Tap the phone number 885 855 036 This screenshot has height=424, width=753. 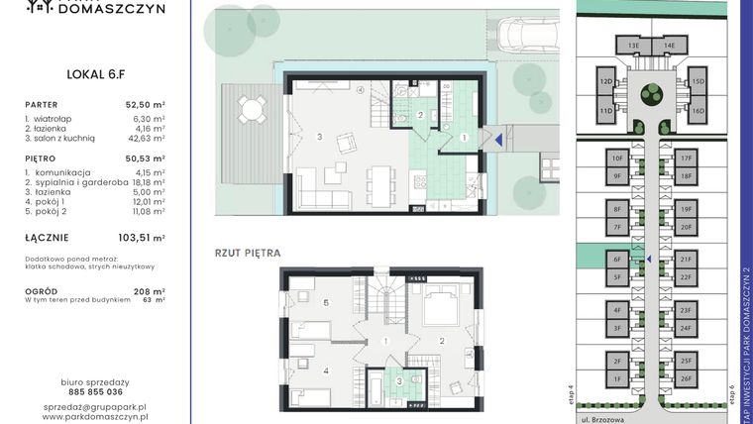95,391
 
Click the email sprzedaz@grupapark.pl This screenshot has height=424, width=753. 95,406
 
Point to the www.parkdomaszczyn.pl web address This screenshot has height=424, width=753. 95,418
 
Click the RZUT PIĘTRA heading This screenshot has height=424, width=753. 248,253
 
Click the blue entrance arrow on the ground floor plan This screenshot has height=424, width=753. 498,141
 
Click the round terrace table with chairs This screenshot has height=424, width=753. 252,107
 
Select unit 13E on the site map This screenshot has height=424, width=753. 633,46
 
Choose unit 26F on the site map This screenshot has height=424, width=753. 686,378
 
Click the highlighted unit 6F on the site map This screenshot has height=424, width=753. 616,260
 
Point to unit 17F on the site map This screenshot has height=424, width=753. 686,158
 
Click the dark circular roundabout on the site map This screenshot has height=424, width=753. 651,94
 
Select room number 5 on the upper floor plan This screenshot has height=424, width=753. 326,301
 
